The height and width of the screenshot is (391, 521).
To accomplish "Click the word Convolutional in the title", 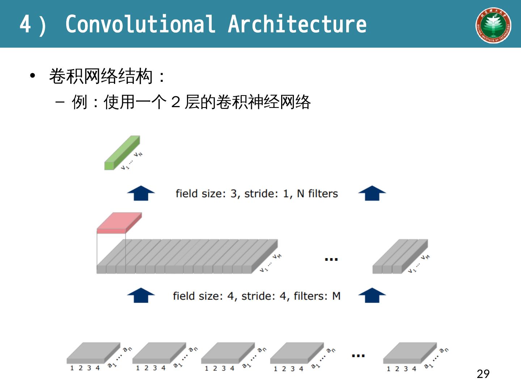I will click(140, 25).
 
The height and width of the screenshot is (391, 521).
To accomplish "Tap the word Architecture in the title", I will click(297, 25).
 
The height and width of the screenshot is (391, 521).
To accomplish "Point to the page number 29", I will click(483, 374).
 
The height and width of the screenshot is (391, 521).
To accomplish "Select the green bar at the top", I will click(122, 153).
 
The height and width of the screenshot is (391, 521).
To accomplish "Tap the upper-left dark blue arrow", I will click(141, 193).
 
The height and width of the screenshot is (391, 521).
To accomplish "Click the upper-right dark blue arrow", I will click(372, 193).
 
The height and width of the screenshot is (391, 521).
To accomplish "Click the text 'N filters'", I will click(317, 194).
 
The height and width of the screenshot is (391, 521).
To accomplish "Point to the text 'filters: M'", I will click(317, 296).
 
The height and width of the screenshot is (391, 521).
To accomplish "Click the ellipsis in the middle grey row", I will click(331, 259).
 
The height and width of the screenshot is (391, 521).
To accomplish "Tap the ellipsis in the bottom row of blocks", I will click(358, 356).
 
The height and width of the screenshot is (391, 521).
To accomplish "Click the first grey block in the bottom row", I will click(93, 353).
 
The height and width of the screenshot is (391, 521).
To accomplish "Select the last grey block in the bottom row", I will click(410, 353).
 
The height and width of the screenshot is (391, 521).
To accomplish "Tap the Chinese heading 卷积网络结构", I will click(101, 76).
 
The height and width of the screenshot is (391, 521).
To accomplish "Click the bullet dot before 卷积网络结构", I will click(33, 76).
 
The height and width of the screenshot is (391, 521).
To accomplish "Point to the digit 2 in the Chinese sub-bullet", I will click(176, 102).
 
